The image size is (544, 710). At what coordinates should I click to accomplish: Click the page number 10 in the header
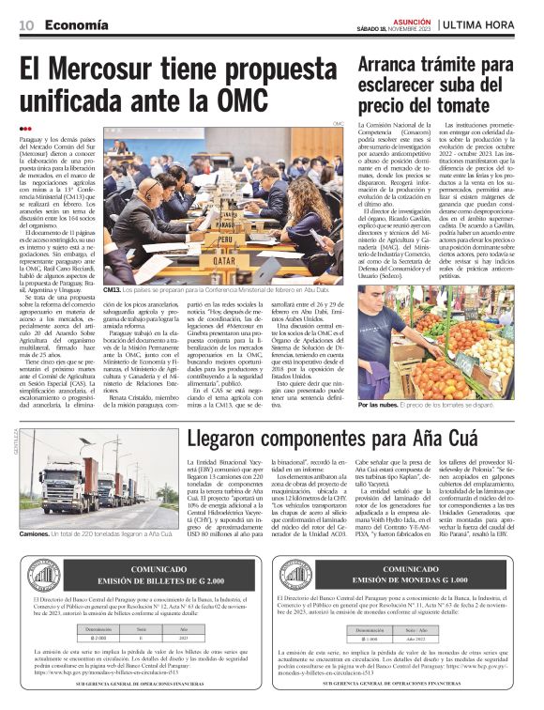(24, 25)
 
